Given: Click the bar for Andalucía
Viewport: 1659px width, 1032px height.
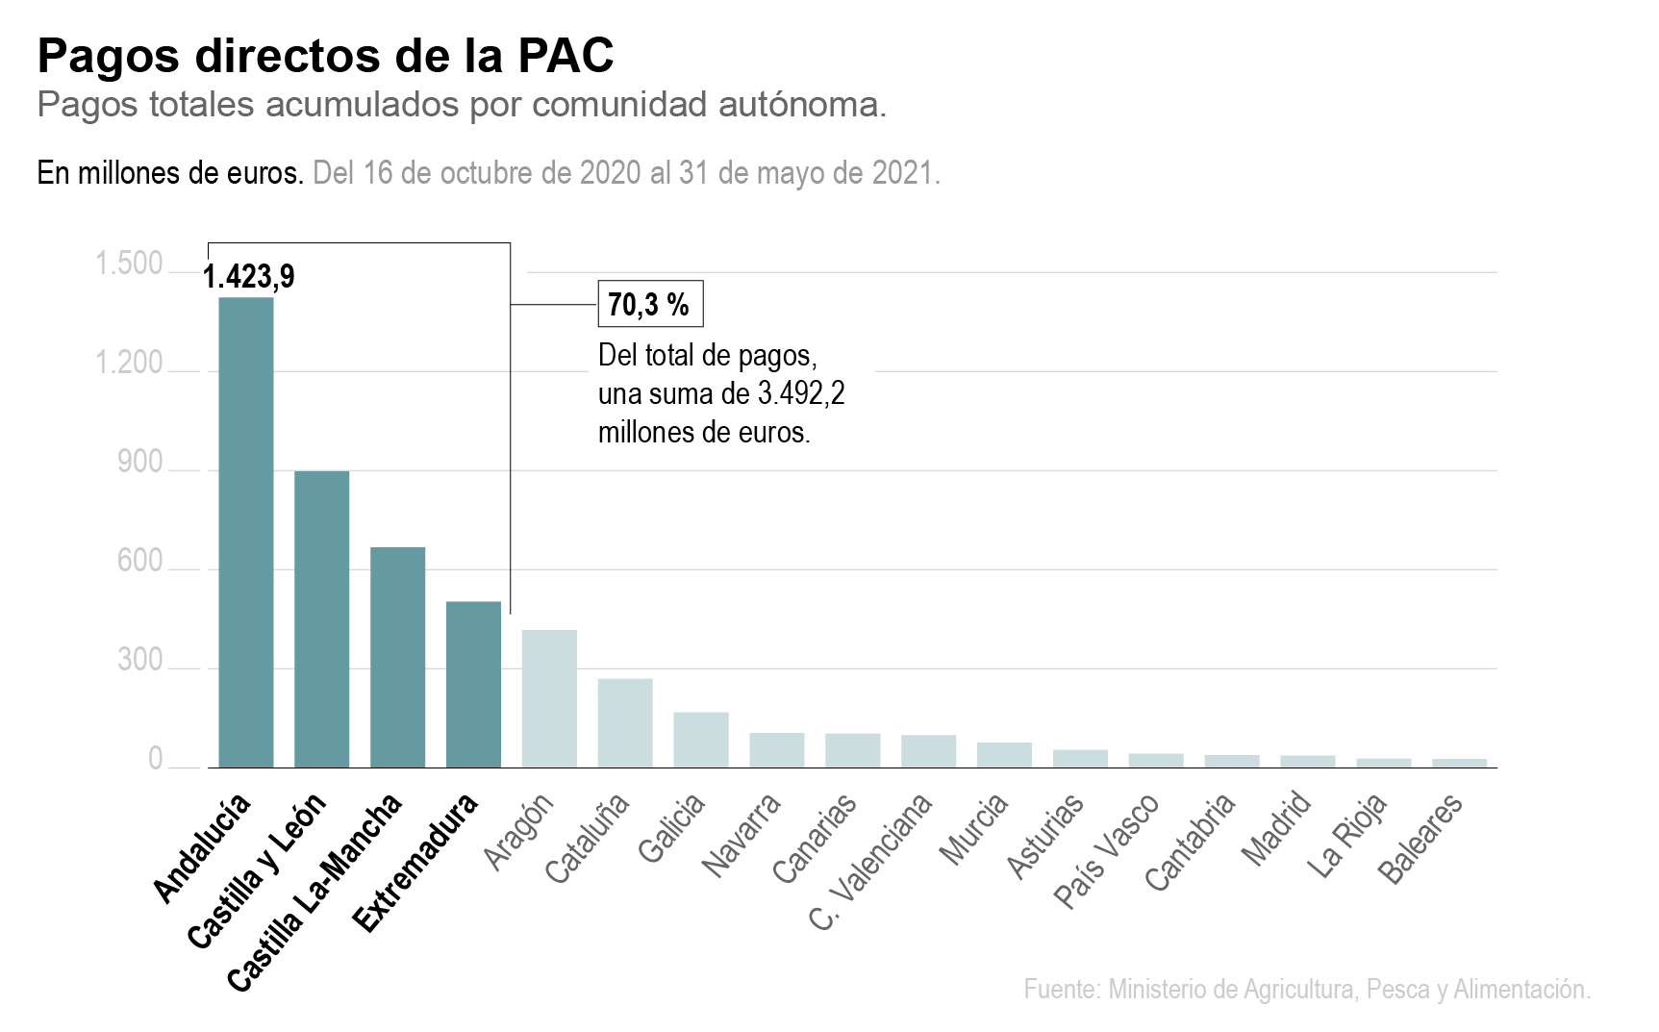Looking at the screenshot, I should (246, 532).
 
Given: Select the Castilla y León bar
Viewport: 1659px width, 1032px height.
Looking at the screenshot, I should (321, 618).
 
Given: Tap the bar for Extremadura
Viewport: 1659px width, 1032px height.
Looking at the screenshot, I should (473, 684).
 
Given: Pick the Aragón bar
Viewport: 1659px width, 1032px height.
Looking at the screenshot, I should (549, 698).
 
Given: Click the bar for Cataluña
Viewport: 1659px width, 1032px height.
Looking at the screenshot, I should (625, 722).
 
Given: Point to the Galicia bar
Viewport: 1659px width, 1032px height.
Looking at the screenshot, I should (701, 740).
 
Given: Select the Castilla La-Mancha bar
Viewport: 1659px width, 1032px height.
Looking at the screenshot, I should (397, 657).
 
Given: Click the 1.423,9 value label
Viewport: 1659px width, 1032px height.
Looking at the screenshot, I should (249, 277).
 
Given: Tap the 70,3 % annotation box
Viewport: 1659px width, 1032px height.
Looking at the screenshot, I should (650, 305).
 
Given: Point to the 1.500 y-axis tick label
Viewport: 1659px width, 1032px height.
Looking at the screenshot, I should (129, 264).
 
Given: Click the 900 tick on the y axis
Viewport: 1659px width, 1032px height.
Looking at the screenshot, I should (140, 463).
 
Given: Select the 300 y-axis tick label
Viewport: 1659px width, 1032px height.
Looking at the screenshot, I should (140, 661).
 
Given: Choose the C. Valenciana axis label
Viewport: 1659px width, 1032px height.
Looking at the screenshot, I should (871, 861).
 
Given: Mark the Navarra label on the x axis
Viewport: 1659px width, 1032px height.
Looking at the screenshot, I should (742, 834).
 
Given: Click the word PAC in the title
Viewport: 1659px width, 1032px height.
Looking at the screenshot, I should (566, 56).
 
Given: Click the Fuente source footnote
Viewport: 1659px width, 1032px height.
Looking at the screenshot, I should (1307, 989).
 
